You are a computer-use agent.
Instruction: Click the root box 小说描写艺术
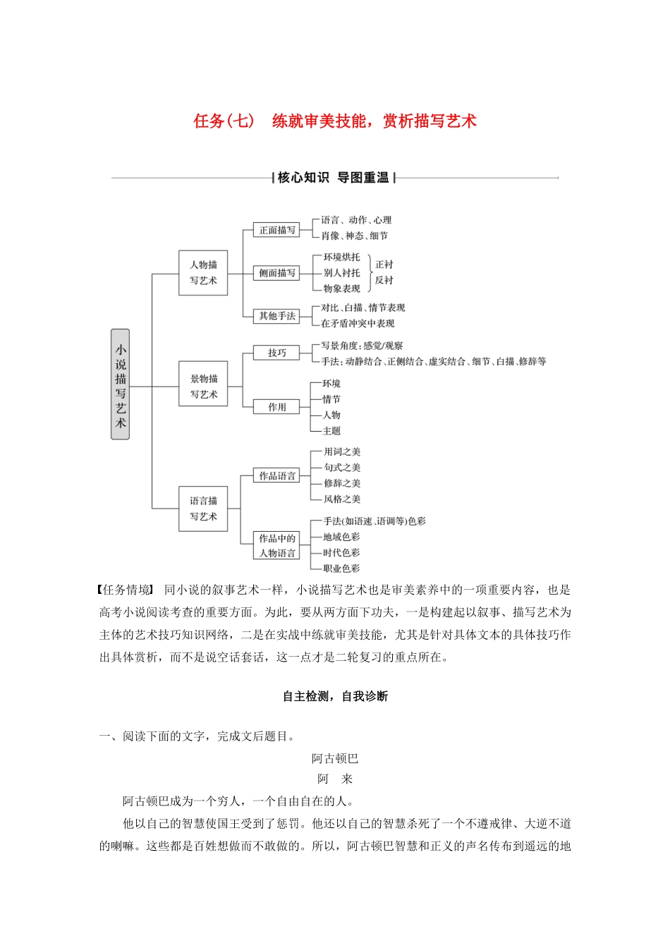[121, 384]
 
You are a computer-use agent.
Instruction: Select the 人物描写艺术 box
[203, 273]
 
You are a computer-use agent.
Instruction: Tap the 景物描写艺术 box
[203, 387]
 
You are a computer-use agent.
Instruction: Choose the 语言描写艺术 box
[203, 509]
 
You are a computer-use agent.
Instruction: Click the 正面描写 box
[277, 230]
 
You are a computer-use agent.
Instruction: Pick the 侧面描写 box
[277, 273]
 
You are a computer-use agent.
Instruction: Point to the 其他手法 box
[277, 316]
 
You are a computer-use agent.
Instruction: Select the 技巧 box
[277, 353]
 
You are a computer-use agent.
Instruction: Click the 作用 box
[277, 407]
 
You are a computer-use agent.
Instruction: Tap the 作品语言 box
[277, 476]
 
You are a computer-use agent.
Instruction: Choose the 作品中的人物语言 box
[277, 546]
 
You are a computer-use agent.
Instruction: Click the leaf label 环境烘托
[341, 257]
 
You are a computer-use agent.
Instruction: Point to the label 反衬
[384, 280]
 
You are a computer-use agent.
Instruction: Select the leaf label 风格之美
[342, 499]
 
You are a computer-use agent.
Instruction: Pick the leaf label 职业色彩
[341, 569]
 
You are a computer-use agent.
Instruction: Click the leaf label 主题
[331, 431]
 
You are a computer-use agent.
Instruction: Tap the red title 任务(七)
[224, 121]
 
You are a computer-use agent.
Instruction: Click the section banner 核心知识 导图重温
[334, 178]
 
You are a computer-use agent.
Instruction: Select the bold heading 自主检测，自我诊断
[335, 697]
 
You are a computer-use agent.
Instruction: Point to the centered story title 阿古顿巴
[335, 759]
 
